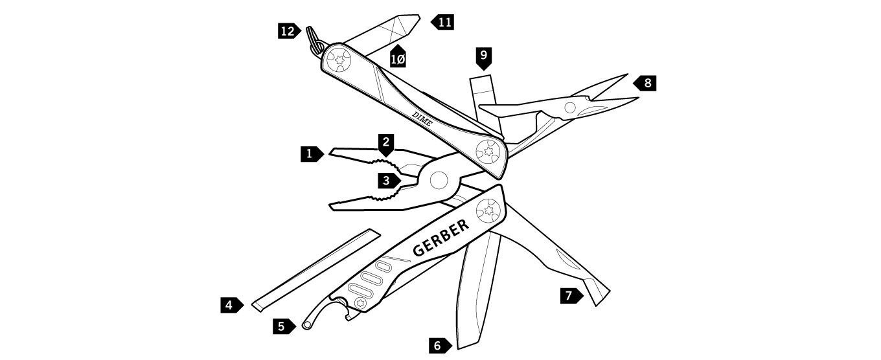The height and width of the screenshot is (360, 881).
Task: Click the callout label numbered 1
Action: click(312, 153)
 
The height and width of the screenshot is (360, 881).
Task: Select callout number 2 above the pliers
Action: click(386, 144)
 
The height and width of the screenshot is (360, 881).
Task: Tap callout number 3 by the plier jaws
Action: click(389, 181)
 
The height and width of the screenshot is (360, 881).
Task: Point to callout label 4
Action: click(232, 305)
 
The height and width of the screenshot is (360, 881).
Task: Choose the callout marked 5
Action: click(284, 326)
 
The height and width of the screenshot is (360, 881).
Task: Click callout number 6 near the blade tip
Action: click(440, 346)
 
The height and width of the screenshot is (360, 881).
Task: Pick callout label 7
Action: click(571, 295)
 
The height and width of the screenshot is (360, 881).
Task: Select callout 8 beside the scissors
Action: click(645, 83)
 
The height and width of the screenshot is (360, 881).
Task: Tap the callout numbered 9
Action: click(483, 58)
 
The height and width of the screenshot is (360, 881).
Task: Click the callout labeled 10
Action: click(398, 57)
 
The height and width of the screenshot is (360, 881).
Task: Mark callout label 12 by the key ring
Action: click(290, 30)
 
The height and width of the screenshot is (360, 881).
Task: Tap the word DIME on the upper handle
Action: click(422, 119)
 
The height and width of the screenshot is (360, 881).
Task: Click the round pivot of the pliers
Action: click(439, 180)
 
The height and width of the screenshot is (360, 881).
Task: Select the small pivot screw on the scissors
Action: click(570, 107)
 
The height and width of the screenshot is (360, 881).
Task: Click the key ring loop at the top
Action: click(314, 40)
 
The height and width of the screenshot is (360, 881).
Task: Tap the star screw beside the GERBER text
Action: click(488, 210)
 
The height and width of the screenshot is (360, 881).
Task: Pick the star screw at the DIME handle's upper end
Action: click(339, 60)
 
